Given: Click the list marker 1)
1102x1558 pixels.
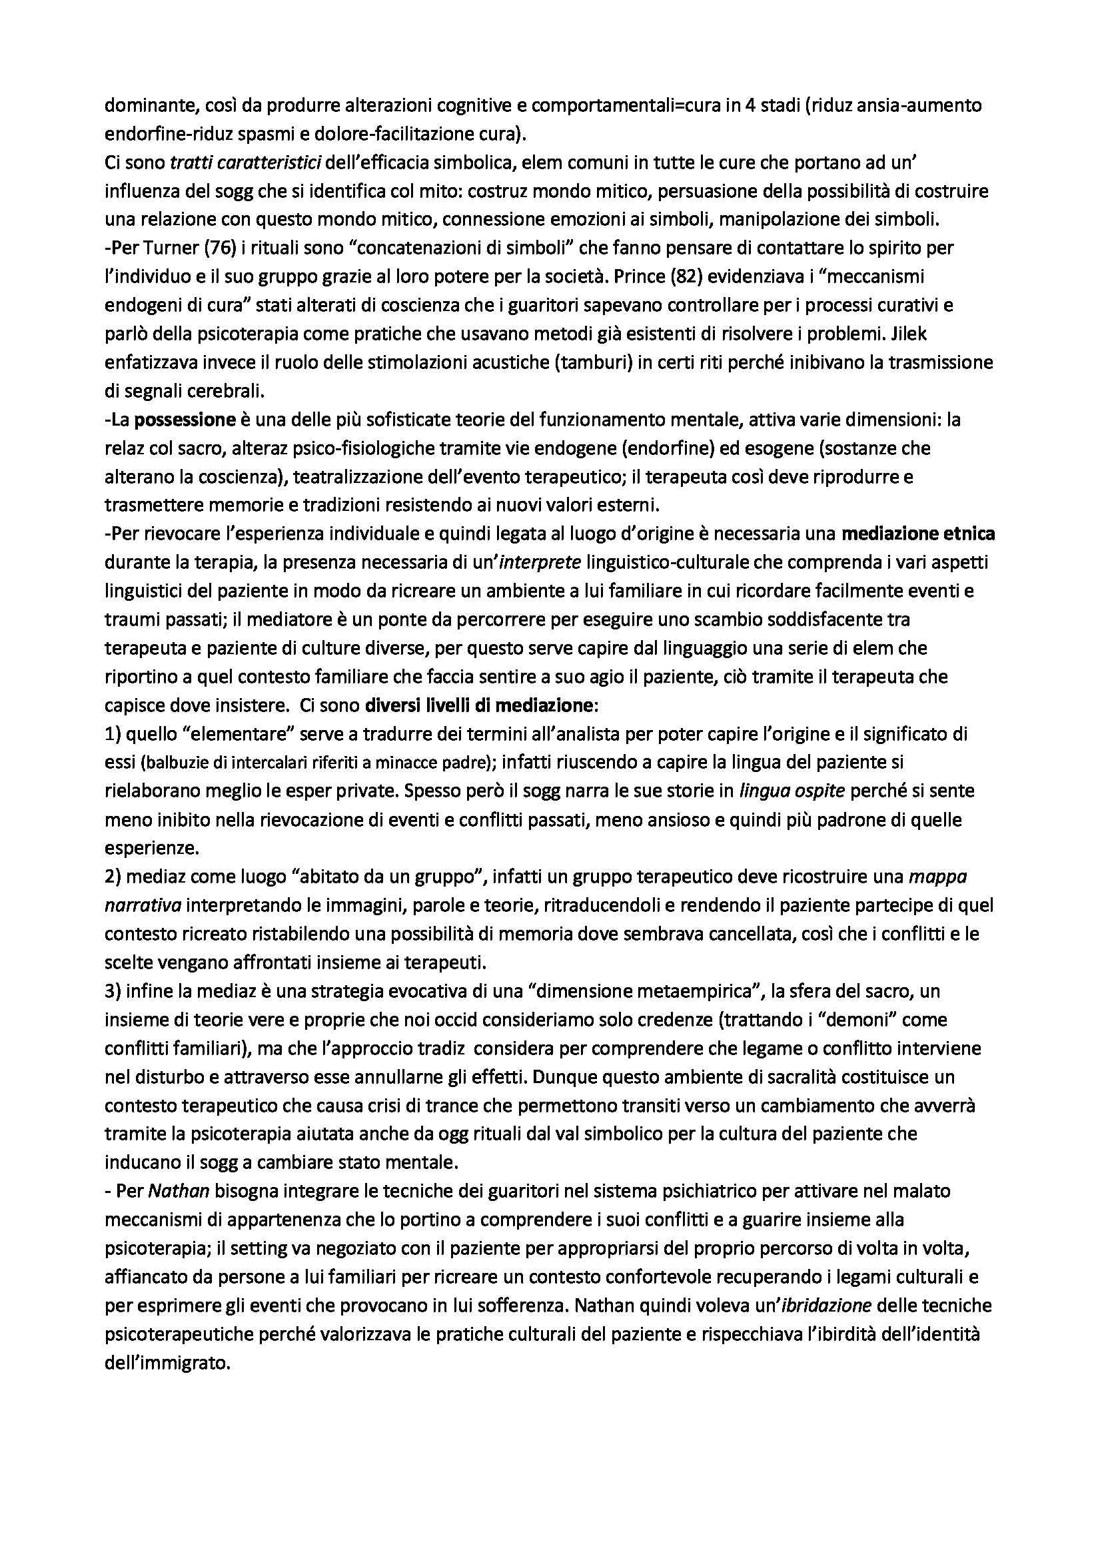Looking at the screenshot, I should coord(113,734).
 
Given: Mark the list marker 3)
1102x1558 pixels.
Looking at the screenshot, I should coord(113,992).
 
